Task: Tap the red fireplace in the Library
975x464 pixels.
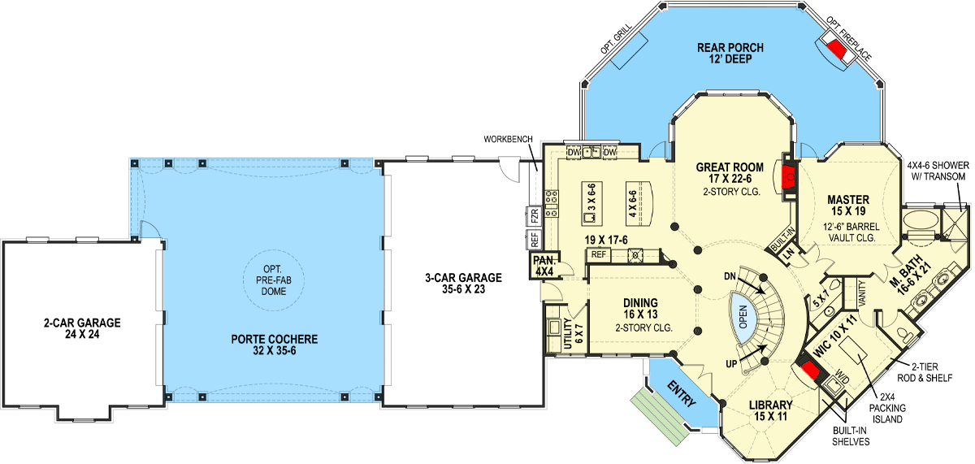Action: click(x=809, y=374)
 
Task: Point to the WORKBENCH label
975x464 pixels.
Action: click(x=508, y=139)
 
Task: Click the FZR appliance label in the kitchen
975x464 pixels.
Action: click(x=535, y=217)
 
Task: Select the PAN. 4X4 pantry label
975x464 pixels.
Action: click(x=544, y=265)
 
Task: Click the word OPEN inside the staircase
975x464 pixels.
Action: click(x=741, y=311)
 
